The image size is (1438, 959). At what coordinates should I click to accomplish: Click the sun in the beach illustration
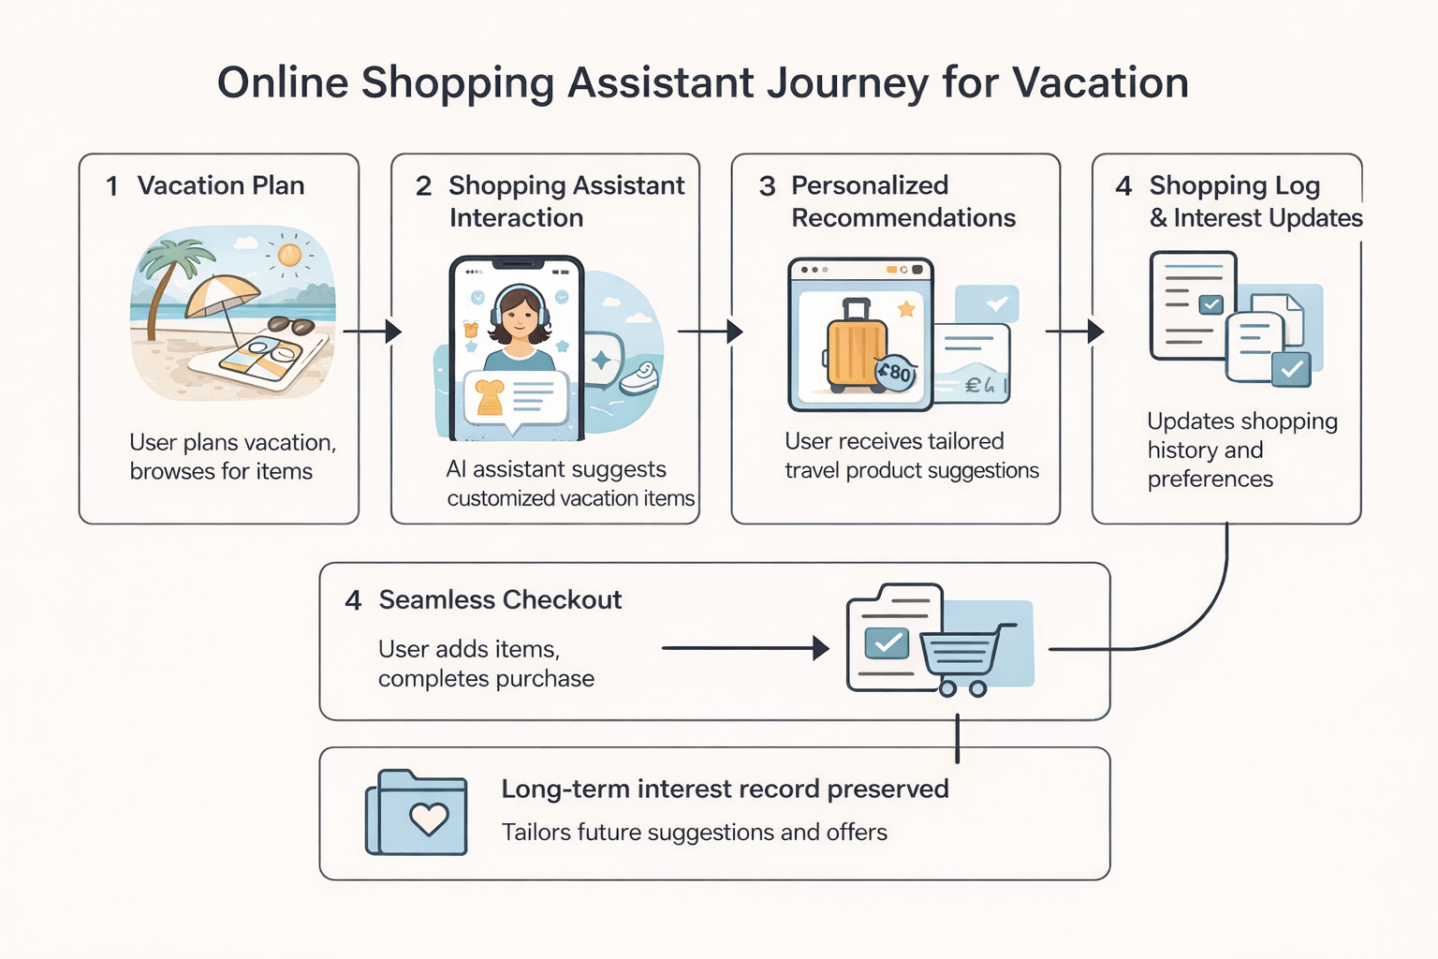coord(289,254)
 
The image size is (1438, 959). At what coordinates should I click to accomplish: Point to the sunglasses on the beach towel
coord(290,326)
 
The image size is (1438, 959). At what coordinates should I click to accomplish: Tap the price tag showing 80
coord(896,373)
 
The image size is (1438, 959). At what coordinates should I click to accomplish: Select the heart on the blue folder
coord(430,819)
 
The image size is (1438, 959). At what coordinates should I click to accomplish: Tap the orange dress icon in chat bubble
coord(490,397)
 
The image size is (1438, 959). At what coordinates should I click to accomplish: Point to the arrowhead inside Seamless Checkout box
coord(821,648)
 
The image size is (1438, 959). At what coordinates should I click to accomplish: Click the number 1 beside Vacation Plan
coord(112,186)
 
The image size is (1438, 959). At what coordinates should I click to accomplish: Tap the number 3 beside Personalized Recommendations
coord(768,186)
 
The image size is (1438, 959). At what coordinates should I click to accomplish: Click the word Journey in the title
coord(848,82)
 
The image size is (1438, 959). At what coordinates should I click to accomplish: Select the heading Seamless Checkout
coord(500,600)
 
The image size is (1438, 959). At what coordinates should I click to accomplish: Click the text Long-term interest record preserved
coord(725,789)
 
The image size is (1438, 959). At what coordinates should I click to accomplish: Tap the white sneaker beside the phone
coord(640,377)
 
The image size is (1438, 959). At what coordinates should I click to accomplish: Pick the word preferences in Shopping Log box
coord(1210,479)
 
